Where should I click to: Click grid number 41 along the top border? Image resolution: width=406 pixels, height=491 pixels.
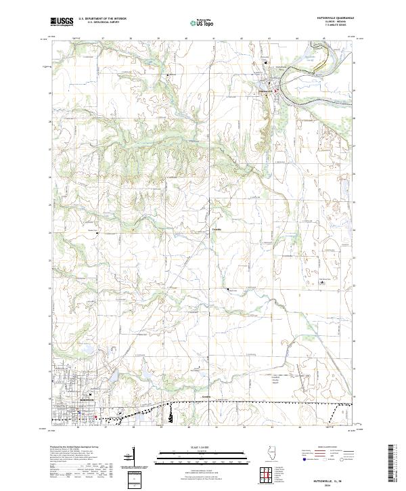[215, 39]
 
